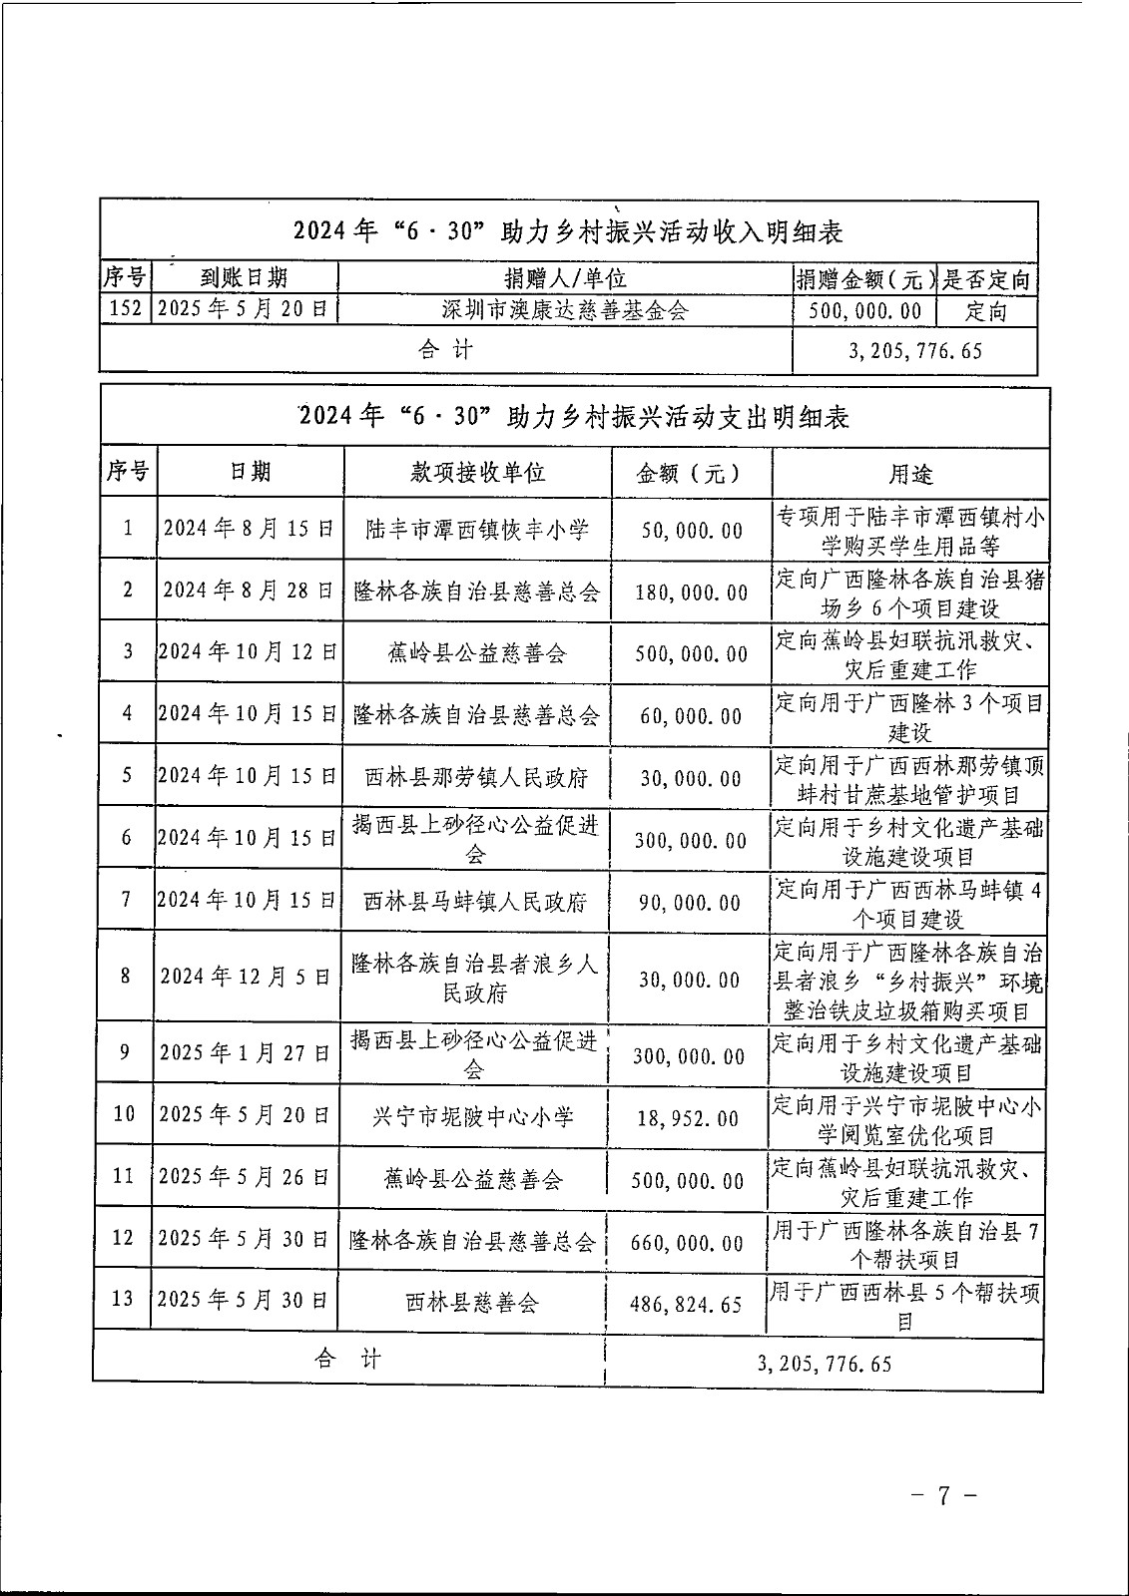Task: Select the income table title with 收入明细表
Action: coord(568,231)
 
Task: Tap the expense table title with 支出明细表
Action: coord(574,416)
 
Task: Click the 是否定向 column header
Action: coord(986,279)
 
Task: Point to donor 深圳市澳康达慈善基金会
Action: coord(565,310)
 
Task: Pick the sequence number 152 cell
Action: coord(126,309)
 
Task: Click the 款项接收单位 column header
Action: coord(478,473)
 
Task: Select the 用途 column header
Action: coord(910,474)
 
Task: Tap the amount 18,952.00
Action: coord(689,1118)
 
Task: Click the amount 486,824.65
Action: coord(687,1304)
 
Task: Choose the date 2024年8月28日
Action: coord(249,591)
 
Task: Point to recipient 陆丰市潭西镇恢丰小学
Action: coord(478,529)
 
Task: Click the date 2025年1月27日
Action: coord(245,1054)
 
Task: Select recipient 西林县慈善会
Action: coord(472,1303)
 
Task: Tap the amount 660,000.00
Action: coord(688,1243)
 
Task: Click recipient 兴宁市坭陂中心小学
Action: coord(473,1117)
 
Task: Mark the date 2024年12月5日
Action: coord(246,977)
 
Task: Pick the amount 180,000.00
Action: coord(692,593)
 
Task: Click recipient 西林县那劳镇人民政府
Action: coord(476,777)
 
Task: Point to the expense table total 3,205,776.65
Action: coord(825,1364)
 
